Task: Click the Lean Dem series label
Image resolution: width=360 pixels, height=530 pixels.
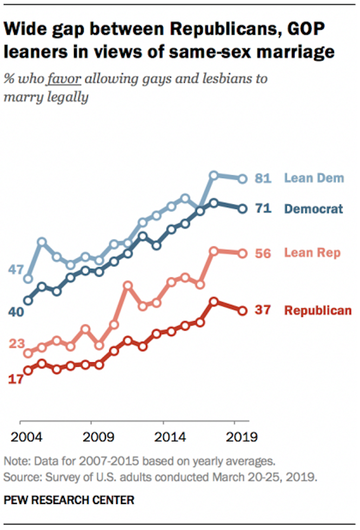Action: (x=314, y=177)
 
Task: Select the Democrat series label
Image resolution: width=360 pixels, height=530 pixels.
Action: (x=314, y=208)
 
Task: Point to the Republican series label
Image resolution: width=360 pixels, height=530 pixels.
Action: (x=318, y=310)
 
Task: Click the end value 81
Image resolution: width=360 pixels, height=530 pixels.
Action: (x=263, y=177)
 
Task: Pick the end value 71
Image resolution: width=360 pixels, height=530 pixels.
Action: (x=263, y=208)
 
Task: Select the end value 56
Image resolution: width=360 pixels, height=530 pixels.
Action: (x=263, y=253)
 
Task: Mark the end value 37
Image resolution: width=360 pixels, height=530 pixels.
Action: (x=263, y=310)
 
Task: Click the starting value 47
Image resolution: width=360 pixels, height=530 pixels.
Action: (x=17, y=269)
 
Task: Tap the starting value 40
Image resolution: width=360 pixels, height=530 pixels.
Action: (x=17, y=312)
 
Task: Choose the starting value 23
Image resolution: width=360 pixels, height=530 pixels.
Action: (x=17, y=343)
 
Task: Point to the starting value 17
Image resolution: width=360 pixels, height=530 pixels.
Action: (x=17, y=379)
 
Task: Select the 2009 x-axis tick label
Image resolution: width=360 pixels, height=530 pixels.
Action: (x=91, y=436)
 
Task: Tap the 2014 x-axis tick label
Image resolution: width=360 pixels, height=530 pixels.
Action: (x=163, y=436)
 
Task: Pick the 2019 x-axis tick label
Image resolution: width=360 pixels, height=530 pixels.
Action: (x=235, y=436)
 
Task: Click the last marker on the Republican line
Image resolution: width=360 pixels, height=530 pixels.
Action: (x=243, y=310)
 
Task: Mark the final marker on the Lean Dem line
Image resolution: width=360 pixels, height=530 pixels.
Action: (x=243, y=178)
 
